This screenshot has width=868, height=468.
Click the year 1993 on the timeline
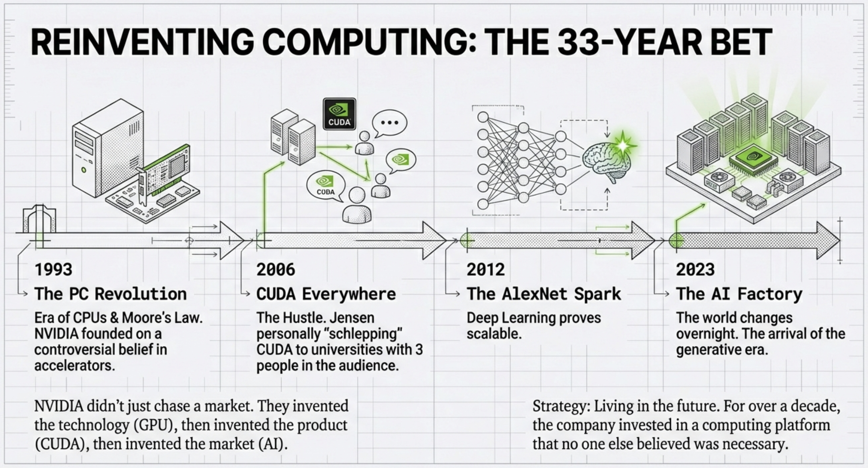[53, 270]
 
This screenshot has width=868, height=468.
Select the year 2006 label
[276, 270]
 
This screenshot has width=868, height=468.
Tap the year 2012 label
[486, 270]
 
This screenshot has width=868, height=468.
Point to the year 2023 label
[695, 270]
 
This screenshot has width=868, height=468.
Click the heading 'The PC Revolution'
[110, 294]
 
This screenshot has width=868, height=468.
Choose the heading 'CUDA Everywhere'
[326, 294]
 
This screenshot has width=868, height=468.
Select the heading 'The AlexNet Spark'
[544, 294]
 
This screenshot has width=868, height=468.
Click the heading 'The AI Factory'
[739, 294]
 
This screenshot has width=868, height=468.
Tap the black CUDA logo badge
[339, 114]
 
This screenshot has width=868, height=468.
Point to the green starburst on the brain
[623, 145]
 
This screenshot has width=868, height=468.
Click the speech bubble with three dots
[389, 123]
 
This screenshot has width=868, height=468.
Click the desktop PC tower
[107, 148]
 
